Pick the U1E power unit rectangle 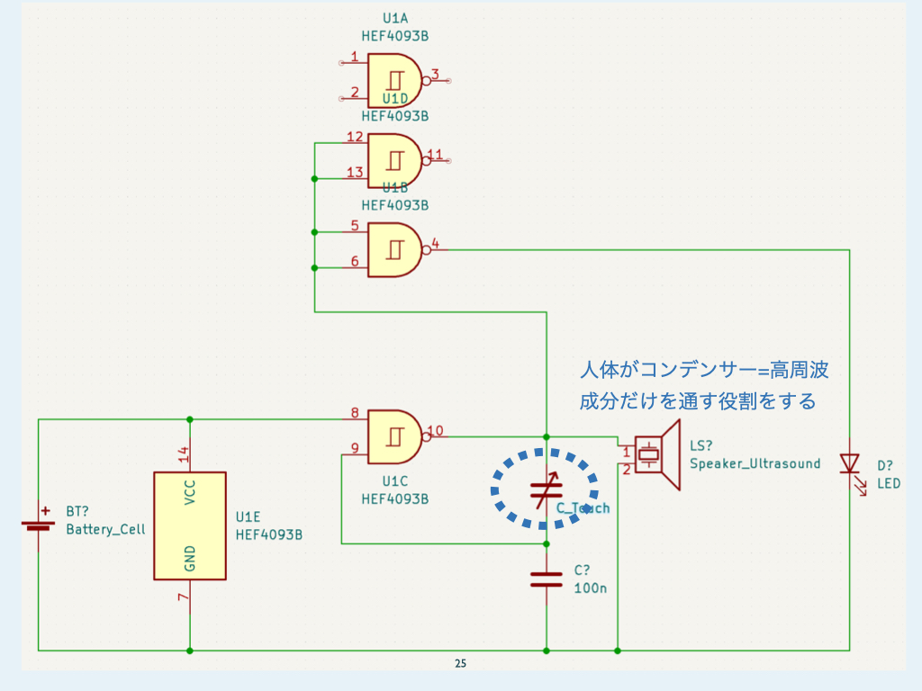pos(190,525)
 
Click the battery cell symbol pos(39,525)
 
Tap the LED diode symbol pos(849,463)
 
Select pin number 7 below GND pos(184,598)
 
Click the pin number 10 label pos(435,430)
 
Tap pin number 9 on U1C pos(355,448)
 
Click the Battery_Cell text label pos(105,530)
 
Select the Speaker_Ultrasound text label pos(755,463)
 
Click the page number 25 pos(460,664)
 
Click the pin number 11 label pos(435,155)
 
